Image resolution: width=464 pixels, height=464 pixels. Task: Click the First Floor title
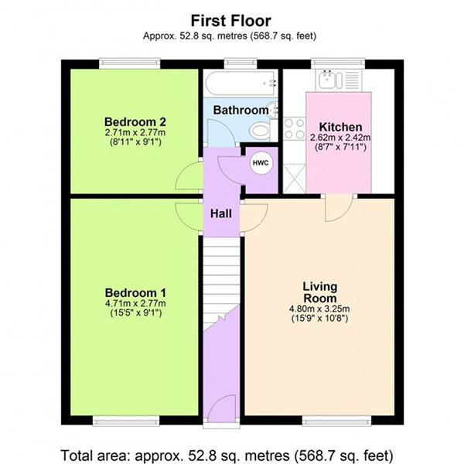[230, 21]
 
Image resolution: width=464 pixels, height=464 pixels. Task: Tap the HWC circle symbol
[261, 162]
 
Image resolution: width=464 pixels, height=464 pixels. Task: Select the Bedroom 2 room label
[135, 122]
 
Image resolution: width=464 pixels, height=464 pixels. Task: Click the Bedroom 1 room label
[135, 293]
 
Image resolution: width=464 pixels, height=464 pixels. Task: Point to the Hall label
[220, 213]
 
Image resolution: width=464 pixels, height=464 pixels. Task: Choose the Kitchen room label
[340, 127]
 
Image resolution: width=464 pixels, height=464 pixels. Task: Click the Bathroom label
[241, 110]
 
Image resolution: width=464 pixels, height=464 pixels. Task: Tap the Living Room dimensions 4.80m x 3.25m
[319, 309]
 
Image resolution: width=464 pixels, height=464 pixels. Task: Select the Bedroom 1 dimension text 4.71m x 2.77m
[135, 303]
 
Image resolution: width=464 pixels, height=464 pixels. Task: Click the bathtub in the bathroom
[241, 84]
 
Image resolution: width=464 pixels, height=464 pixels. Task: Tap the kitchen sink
[330, 80]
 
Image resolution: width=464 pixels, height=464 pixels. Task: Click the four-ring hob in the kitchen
[295, 128]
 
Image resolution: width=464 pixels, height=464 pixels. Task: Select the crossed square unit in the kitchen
[295, 178]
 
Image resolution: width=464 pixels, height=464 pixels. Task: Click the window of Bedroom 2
[130, 63]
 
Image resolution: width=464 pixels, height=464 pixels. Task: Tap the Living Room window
[336, 421]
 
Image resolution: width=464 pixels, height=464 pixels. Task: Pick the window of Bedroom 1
[126, 421]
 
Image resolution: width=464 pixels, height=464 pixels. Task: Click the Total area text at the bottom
[227, 455]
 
